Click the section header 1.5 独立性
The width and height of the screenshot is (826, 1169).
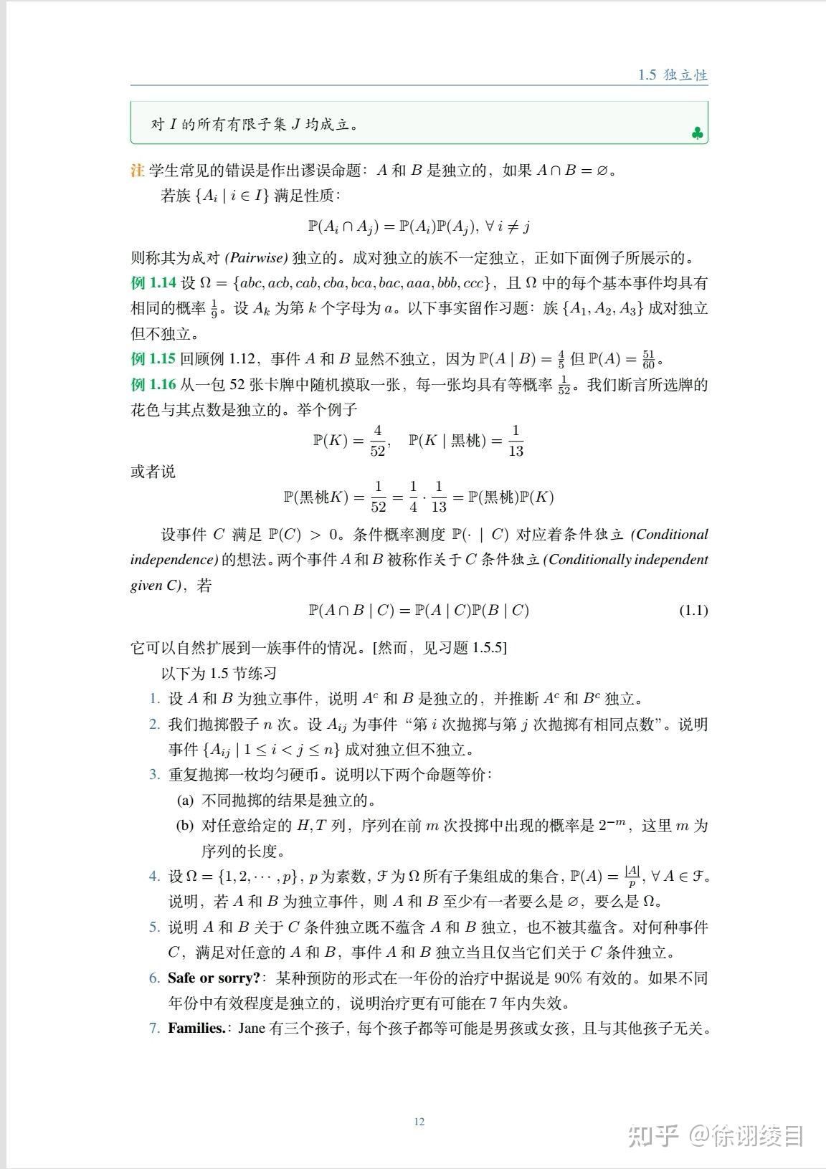click(673, 75)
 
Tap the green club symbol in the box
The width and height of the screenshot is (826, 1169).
click(697, 133)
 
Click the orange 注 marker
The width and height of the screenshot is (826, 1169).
click(137, 171)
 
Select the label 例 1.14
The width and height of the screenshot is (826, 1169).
click(153, 283)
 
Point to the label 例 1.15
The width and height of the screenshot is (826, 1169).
click(153, 359)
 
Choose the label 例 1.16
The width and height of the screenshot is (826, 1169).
click(153, 385)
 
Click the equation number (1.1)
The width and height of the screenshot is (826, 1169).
click(693, 611)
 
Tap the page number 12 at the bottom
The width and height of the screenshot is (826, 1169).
click(419, 1122)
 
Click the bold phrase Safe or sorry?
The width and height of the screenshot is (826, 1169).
click(214, 978)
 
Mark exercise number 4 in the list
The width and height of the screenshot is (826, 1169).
click(154, 877)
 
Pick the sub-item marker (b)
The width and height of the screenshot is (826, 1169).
click(185, 826)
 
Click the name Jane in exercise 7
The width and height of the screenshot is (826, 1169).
click(252, 1028)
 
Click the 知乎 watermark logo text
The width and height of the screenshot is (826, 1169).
click(653, 1135)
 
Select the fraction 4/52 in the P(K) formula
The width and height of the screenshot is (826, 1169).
click(377, 441)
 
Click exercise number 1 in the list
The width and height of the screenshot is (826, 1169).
click(154, 699)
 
